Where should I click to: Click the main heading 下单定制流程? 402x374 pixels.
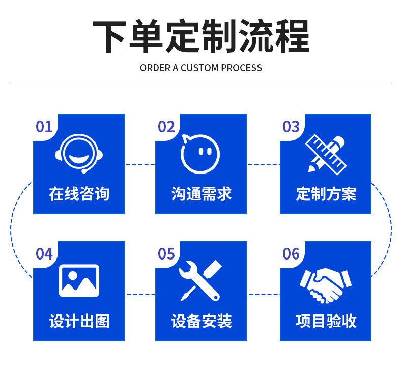pos(201,37)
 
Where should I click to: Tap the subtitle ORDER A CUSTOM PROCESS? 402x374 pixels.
pos(201,68)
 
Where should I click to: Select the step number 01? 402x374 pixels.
pos(44,127)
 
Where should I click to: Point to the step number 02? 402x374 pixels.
pos(166,127)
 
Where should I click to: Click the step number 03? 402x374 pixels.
pos(291,127)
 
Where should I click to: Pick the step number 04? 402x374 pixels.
pos(44,253)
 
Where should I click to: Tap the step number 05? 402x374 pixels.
pos(166,253)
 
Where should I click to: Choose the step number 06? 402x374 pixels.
pos(291,253)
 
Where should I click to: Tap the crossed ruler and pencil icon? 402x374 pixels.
pos(326,153)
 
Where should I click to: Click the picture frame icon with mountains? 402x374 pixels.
pos(79,280)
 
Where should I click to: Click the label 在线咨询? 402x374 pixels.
pos(79,194)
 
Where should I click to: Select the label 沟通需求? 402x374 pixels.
pos(201,194)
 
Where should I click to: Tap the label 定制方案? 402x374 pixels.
pos(326,194)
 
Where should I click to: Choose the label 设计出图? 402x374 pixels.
pos(79,321)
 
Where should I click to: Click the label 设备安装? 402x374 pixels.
pos(201,321)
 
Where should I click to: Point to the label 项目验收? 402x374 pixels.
pos(326,321)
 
